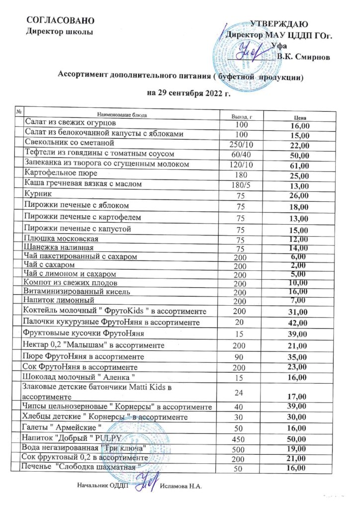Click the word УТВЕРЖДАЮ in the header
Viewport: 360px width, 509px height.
279,24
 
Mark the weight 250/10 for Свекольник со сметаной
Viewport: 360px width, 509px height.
241,144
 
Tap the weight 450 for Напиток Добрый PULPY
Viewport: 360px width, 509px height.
241,439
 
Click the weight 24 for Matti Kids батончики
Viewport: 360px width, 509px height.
240,390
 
